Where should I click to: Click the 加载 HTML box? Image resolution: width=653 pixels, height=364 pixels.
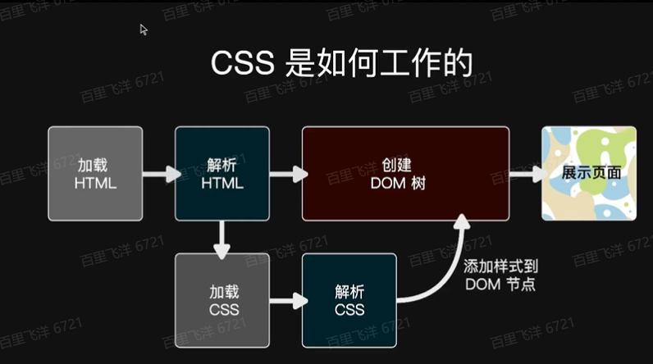95,173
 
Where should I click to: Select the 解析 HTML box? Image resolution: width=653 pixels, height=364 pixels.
222,173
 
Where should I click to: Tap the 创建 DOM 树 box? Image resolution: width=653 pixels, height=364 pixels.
405,173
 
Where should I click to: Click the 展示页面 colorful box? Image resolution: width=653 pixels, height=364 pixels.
589,173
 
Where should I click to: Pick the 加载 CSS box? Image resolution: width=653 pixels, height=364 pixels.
222,299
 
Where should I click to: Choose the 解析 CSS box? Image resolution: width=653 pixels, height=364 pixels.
349,299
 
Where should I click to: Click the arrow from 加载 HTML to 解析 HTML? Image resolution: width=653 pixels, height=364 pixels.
161,174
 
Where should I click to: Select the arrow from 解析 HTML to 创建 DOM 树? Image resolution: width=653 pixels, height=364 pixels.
287,174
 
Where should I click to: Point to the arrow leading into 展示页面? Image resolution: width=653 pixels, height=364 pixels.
527,174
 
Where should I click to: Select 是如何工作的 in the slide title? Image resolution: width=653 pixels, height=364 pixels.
376,64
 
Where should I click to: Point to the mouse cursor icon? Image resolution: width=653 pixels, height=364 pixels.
144,30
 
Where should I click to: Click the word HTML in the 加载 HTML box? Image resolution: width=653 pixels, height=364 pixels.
95,183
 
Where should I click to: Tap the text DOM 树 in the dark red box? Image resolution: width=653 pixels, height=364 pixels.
405,183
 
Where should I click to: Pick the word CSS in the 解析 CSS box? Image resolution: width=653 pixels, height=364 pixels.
349,309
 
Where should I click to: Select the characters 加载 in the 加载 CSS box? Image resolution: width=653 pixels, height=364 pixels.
222,290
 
